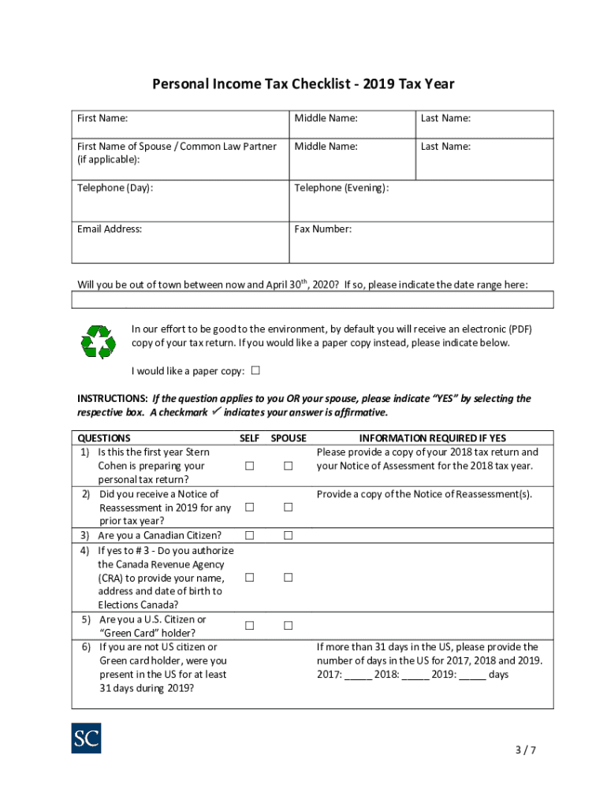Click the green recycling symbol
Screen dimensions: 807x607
[x=99, y=342]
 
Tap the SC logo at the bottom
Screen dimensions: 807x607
[x=86, y=738]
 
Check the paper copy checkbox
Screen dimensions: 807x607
[x=255, y=370]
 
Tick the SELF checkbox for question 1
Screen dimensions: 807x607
[x=249, y=466]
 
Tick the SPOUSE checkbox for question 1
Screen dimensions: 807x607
[x=289, y=466]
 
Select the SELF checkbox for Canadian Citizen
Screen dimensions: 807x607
[x=249, y=536]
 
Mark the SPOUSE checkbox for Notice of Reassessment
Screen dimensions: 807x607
[x=289, y=508]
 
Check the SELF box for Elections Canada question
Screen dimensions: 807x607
[x=249, y=578]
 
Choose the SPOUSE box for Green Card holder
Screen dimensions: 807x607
[x=289, y=626]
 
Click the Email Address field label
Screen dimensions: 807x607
[x=110, y=229]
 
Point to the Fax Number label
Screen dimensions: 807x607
[x=323, y=229]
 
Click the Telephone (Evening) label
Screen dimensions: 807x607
[x=341, y=188]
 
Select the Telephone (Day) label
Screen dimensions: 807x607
[x=115, y=188]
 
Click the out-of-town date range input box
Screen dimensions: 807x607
[x=312, y=299]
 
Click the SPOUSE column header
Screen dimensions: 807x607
[x=289, y=438]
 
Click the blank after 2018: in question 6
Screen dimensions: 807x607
[x=415, y=675]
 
